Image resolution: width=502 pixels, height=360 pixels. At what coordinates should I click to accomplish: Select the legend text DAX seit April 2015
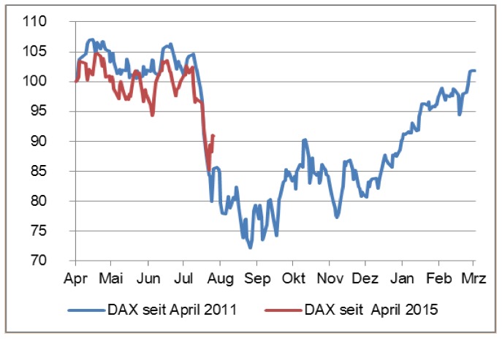click(x=372, y=310)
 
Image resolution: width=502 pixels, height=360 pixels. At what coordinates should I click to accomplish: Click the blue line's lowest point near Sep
click(x=250, y=248)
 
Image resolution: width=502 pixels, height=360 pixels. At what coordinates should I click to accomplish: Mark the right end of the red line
click(x=213, y=135)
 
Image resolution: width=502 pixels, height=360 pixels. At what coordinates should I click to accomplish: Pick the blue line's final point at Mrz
click(x=474, y=71)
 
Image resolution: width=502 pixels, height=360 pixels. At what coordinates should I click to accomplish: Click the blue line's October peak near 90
click(x=305, y=139)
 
